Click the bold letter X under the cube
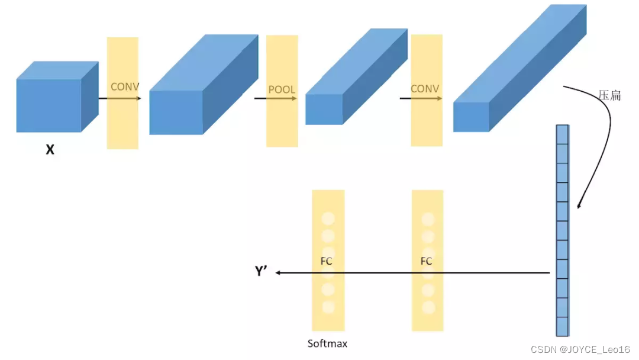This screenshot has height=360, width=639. [x=50, y=150]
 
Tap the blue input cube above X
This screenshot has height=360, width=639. [x=57, y=97]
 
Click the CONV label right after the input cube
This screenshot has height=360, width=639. [x=125, y=86]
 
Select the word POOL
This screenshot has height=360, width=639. [x=282, y=89]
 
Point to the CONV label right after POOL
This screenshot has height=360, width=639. [x=425, y=88]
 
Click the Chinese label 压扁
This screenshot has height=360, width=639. [x=609, y=95]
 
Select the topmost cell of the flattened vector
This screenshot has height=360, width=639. [x=563, y=134]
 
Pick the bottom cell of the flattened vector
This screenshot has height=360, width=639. [x=563, y=327]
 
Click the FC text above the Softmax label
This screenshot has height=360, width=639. [x=327, y=261]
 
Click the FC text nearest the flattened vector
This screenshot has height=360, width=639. [x=426, y=261]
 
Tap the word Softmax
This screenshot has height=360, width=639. [x=327, y=343]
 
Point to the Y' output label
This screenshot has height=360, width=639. [x=261, y=271]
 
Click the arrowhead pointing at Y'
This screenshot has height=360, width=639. [x=278, y=273]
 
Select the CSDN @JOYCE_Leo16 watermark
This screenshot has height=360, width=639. [x=580, y=349]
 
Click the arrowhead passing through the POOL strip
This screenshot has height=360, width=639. [x=295, y=98]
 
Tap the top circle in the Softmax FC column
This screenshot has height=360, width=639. [x=328, y=218]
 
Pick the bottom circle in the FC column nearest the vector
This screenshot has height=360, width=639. [x=428, y=307]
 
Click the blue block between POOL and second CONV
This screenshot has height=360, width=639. [x=357, y=76]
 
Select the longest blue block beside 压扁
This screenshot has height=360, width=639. [x=520, y=68]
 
